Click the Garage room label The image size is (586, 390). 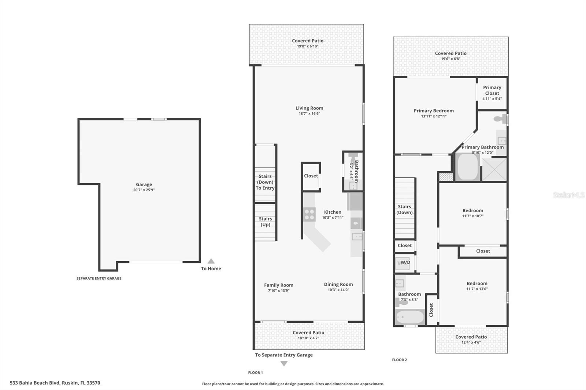[x=144, y=184]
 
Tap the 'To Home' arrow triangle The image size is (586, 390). [x=211, y=261]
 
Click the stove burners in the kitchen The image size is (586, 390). [x=309, y=214]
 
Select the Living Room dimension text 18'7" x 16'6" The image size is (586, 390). [x=309, y=114]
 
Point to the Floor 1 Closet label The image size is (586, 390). [x=311, y=176]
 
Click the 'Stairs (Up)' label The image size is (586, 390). [x=265, y=222]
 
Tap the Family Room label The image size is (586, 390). [x=279, y=285]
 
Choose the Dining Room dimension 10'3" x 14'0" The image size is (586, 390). [x=338, y=290]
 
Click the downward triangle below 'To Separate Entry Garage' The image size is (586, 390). [x=284, y=364]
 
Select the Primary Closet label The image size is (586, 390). [x=492, y=90]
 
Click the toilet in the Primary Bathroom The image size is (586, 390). [x=500, y=119]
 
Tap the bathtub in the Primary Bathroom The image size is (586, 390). [x=467, y=167]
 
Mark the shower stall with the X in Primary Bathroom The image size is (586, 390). [x=494, y=169]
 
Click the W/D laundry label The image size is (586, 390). [x=405, y=262]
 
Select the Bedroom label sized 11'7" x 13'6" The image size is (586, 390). [x=477, y=284]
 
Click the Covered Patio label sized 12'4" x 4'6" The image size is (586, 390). [x=471, y=337]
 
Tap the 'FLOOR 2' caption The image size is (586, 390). [x=399, y=360]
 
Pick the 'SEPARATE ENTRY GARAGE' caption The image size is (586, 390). [x=99, y=278]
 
